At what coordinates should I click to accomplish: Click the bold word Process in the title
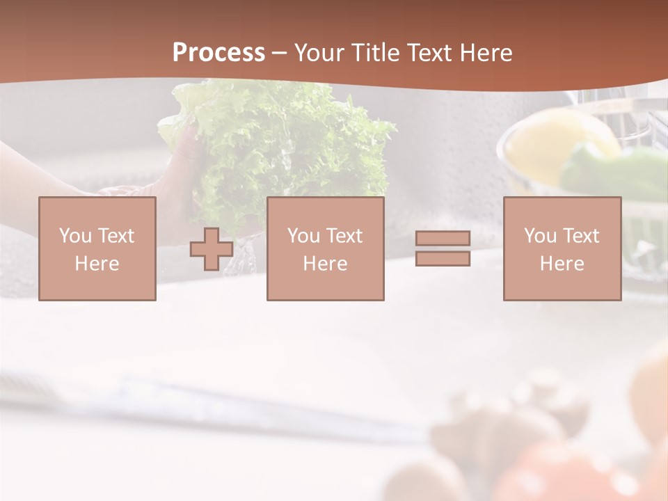click(218, 53)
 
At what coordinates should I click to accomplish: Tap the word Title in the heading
click(376, 53)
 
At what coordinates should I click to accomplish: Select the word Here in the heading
click(484, 53)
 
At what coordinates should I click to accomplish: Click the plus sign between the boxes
click(212, 249)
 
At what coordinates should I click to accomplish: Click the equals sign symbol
click(443, 248)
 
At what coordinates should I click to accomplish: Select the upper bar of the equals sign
click(443, 239)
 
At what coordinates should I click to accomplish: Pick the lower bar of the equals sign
click(443, 258)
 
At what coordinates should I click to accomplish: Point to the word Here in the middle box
click(326, 264)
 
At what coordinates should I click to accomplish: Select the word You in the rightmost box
click(541, 236)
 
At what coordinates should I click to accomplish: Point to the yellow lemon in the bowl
click(550, 143)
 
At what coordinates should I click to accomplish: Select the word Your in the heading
click(322, 53)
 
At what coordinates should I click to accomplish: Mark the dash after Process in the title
click(279, 53)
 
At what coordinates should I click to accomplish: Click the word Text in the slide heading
click(429, 53)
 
